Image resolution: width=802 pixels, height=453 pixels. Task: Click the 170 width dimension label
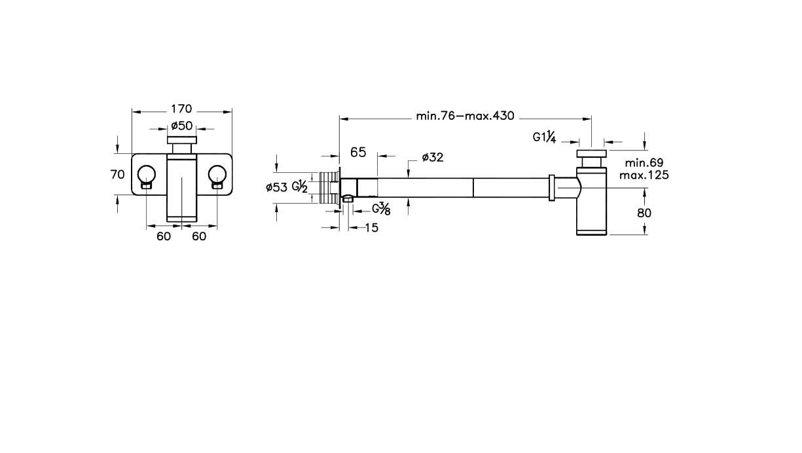(181, 109)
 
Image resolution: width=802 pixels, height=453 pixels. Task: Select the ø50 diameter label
(182, 126)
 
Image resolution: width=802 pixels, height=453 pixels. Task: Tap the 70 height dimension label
(117, 175)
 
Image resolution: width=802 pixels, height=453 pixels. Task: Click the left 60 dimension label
(164, 236)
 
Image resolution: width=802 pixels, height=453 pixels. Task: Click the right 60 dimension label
(199, 236)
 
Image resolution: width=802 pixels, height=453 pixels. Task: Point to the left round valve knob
(147, 174)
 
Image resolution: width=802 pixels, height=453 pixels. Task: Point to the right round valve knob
(217, 174)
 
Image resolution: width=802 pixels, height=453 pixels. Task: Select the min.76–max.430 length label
(465, 116)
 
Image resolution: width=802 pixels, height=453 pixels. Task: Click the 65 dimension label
(358, 153)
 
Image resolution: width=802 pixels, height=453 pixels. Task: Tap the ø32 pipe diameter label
(433, 157)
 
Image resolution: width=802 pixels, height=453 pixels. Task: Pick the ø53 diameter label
(276, 187)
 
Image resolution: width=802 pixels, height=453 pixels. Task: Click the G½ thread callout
(300, 187)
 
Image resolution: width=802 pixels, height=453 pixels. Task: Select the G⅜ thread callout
(381, 209)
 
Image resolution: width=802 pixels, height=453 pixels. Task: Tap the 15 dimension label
(372, 228)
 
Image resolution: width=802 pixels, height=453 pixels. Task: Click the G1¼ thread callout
(544, 137)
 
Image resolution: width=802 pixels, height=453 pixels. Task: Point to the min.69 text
(644, 163)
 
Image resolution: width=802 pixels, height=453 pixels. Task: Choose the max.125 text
(644, 175)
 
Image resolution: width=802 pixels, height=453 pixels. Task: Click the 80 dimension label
(644, 213)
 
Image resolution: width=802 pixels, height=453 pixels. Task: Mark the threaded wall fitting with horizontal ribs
(329, 187)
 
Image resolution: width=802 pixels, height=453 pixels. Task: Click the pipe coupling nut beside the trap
(552, 188)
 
